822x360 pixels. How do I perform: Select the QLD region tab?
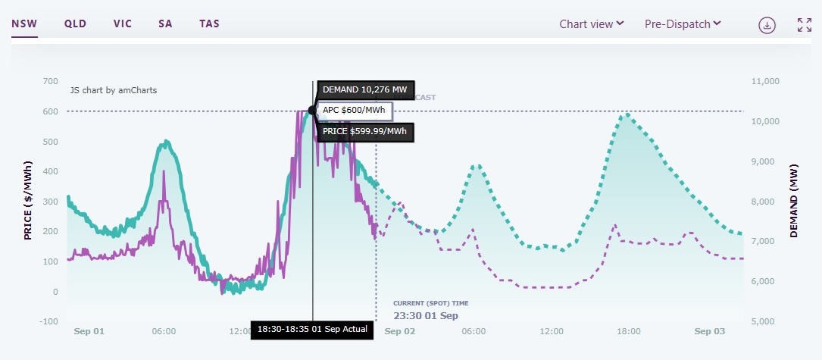tap(75, 23)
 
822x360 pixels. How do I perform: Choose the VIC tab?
tap(123, 23)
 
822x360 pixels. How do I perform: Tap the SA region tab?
tap(165, 23)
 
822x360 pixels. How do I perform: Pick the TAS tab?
tap(209, 23)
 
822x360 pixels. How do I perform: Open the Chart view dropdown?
tap(591, 23)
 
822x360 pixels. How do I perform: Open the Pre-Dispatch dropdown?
tap(683, 23)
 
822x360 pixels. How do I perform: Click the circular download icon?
tap(767, 25)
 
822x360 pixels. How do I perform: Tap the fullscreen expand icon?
tap(805, 25)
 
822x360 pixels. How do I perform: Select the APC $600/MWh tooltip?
tap(354, 111)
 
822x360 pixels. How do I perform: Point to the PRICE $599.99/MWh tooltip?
tap(365, 132)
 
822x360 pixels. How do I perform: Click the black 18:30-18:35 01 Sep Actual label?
tap(312, 329)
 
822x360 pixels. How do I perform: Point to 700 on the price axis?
tap(49, 81)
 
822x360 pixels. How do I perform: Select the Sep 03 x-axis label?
tap(709, 331)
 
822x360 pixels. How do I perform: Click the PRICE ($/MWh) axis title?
tap(28, 200)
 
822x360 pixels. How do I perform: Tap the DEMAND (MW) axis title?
tap(794, 200)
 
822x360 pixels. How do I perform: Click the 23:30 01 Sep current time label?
tap(426, 315)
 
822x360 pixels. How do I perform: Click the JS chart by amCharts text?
tap(114, 89)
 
